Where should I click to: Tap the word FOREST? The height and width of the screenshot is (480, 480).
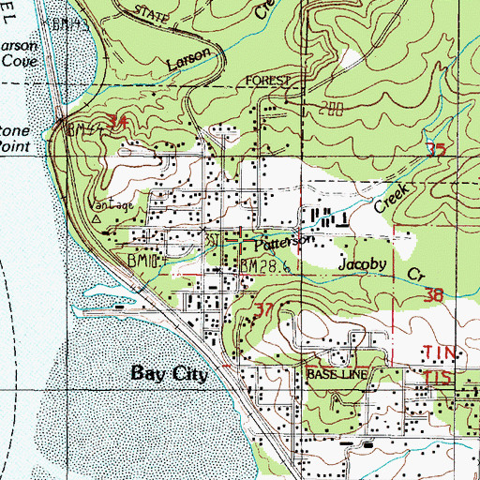(272, 82)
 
